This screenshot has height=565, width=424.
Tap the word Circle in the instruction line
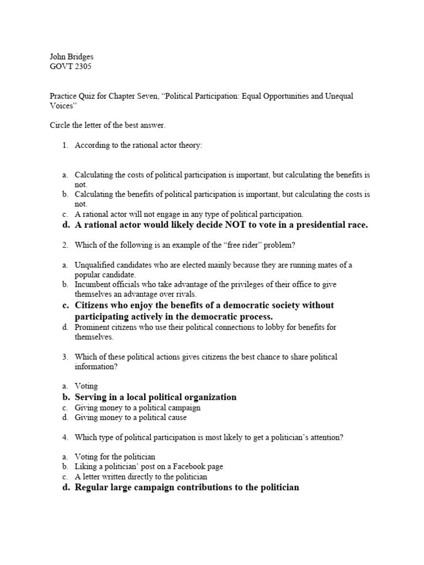tap(60, 125)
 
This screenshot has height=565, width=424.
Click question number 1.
tap(65, 145)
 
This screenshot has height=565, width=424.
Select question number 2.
tap(65, 244)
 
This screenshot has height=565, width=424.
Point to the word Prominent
tap(92, 327)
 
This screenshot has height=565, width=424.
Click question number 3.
tap(65, 357)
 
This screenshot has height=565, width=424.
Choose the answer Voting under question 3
tap(86, 387)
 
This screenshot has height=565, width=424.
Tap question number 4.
tap(65, 438)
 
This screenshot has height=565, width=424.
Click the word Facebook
tap(184, 467)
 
